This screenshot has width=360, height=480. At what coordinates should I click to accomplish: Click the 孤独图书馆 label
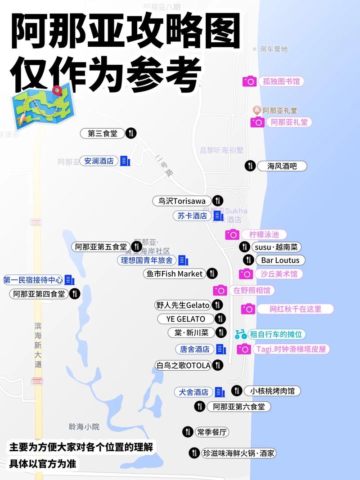tap(281, 81)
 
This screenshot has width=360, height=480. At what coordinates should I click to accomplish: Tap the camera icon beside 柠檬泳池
tap(232, 234)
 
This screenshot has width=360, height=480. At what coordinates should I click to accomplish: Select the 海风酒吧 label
tap(282, 166)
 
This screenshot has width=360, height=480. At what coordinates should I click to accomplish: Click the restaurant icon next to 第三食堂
tap(131, 133)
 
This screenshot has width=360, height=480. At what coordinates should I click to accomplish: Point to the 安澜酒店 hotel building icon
tap(125, 161)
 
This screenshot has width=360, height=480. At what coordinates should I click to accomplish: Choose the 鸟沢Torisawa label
tap(182, 201)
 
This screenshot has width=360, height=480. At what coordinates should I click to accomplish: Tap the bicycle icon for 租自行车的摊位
tap(241, 334)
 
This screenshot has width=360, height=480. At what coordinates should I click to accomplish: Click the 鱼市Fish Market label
tap(175, 274)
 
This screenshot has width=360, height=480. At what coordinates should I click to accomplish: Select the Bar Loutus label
tap(280, 260)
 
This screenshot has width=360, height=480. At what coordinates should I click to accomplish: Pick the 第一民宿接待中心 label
tap(33, 280)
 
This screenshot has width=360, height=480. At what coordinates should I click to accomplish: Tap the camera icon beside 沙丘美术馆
tap(246, 274)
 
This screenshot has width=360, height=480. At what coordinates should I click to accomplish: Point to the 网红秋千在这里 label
tap(295, 309)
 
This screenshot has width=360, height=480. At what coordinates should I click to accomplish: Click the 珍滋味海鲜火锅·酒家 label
tap(238, 453)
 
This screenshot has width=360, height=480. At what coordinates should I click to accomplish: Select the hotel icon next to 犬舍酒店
tap(220, 392)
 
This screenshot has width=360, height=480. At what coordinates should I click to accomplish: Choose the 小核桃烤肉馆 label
tap(272, 391)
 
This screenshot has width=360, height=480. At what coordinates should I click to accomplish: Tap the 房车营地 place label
tap(274, 49)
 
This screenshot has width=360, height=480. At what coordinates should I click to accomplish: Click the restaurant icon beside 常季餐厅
tap(188, 432)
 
